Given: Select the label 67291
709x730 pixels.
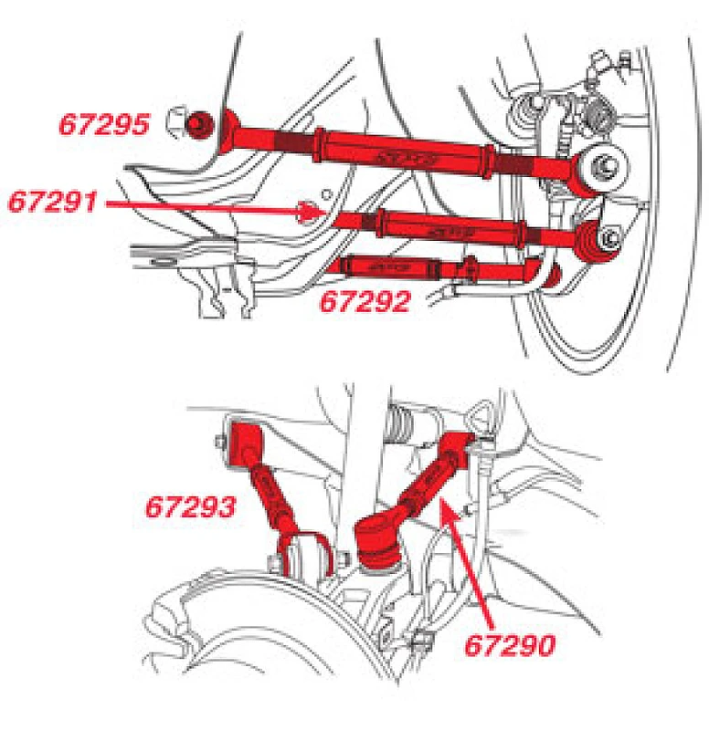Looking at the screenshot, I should click(x=52, y=201).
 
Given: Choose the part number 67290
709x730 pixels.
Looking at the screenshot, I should click(x=510, y=646).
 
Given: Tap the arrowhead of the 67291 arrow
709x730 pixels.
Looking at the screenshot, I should click(x=312, y=212).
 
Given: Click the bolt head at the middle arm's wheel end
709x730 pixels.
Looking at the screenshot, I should click(x=608, y=240).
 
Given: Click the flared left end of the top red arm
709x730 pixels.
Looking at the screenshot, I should click(x=230, y=128).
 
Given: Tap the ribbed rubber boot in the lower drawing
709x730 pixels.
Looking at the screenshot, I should click(x=401, y=430).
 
